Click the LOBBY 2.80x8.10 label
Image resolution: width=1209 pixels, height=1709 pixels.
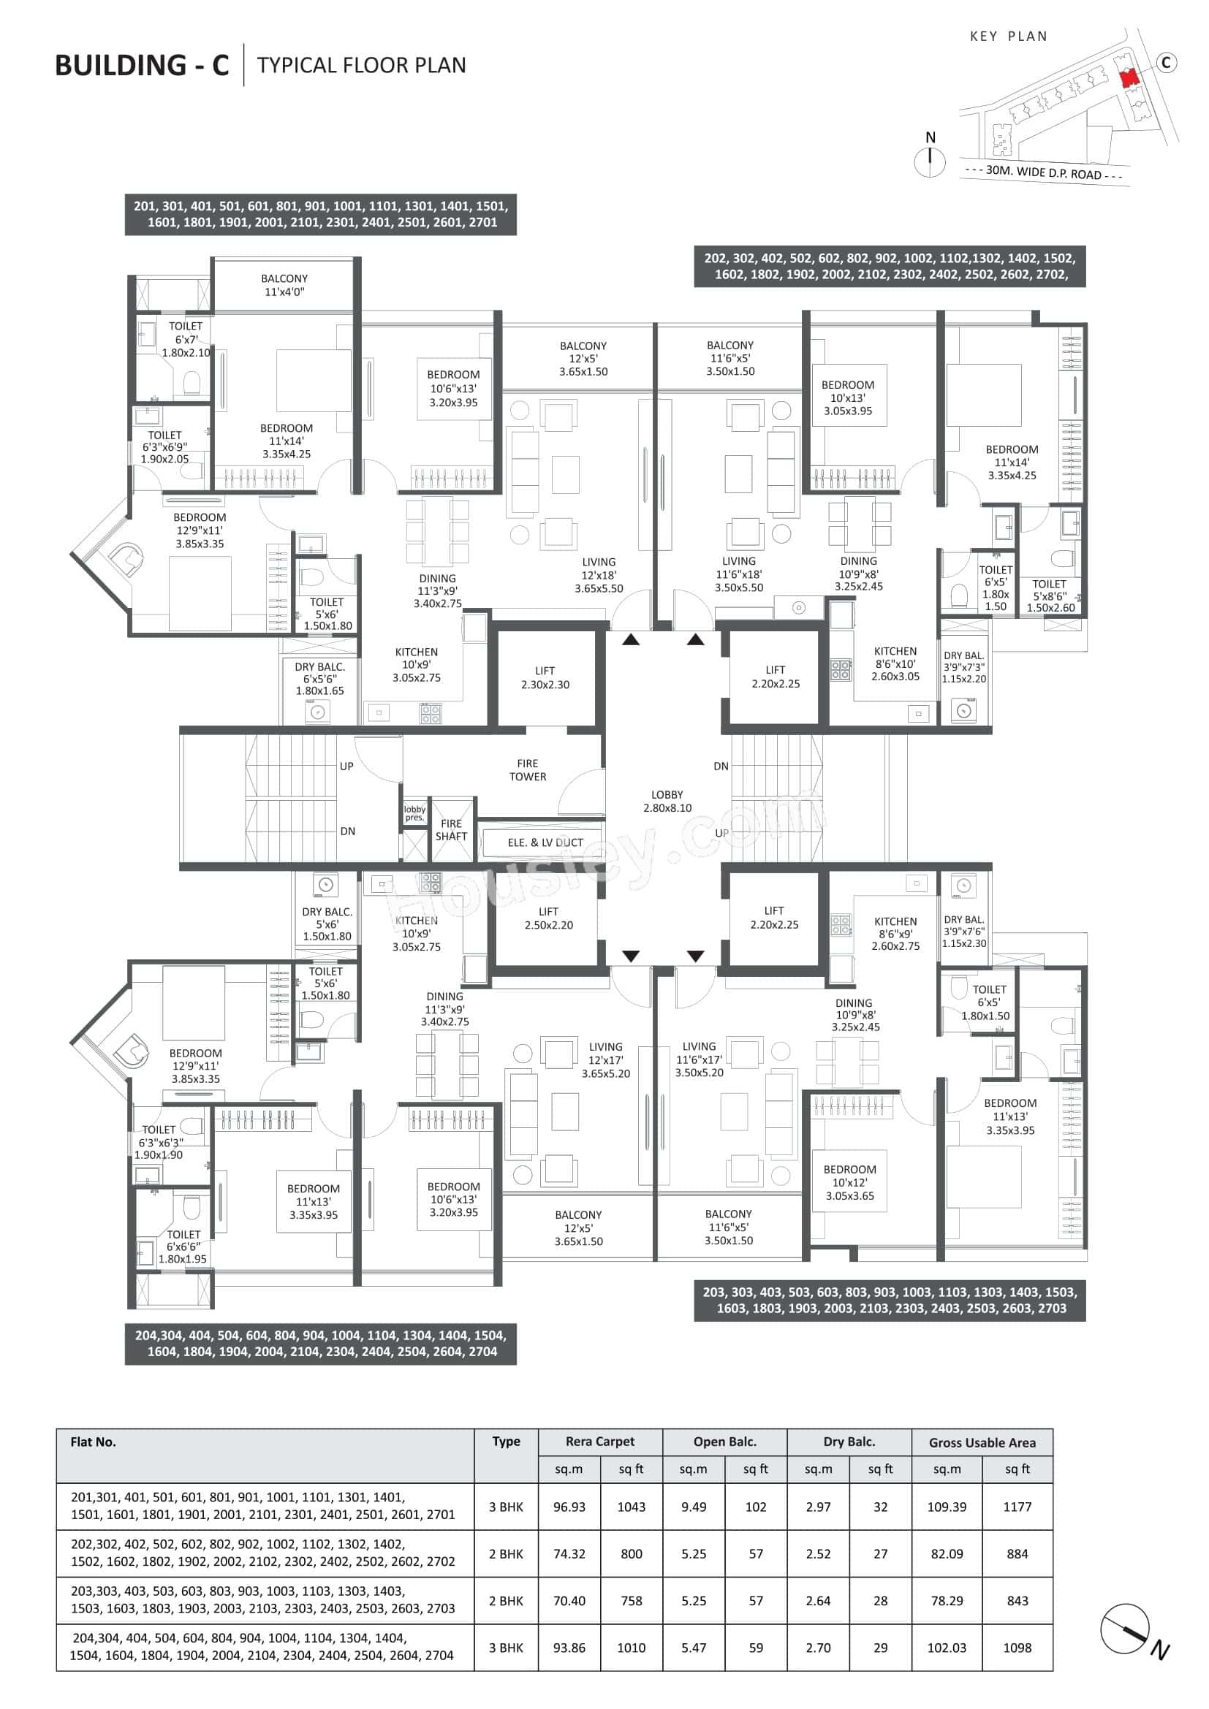[x=667, y=801]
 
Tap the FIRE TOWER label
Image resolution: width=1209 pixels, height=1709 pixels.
[x=527, y=769]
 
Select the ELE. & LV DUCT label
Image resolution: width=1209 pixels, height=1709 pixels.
[x=545, y=842]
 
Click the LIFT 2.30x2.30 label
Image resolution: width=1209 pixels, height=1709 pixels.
[x=545, y=677]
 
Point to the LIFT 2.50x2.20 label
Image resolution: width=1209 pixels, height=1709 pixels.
[x=548, y=918]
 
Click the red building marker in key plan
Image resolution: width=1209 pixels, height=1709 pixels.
[x=1129, y=77]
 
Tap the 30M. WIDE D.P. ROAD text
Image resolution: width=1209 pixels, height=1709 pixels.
[x=1043, y=172]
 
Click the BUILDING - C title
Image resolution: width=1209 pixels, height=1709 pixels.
[x=143, y=66]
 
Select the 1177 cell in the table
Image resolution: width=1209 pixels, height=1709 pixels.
[x=1017, y=1507]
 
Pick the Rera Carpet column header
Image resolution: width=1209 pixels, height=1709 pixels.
[x=599, y=1441]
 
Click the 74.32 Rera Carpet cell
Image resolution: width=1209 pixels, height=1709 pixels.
[x=569, y=1553]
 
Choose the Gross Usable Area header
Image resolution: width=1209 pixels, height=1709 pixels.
[x=981, y=1442]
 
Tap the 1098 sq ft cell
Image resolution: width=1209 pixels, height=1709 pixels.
[x=1017, y=1647]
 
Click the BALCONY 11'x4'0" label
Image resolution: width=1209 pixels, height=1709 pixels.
[x=284, y=285]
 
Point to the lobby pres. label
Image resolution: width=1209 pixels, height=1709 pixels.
[x=414, y=812]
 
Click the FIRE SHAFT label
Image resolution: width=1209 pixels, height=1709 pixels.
[x=451, y=829]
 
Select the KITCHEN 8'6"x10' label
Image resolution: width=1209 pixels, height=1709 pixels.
[x=895, y=663]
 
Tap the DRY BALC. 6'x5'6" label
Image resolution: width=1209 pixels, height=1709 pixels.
[x=319, y=678]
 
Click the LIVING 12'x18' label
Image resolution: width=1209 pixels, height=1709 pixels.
[x=599, y=574]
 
